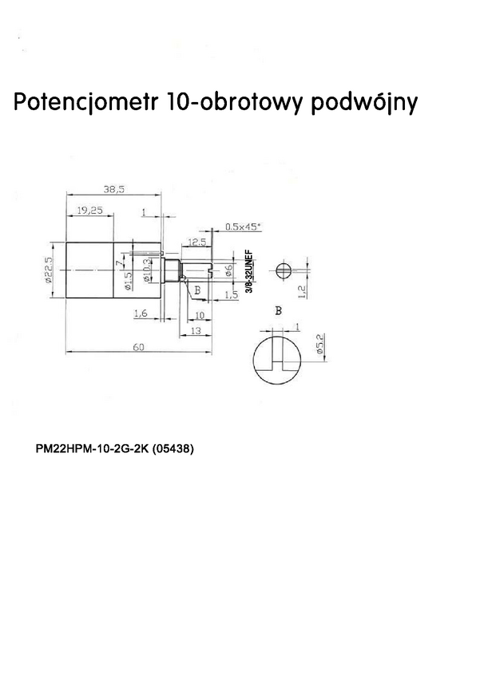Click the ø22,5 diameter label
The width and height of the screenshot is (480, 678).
pyautogui.click(x=49, y=270)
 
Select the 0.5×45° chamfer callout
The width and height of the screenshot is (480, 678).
pyautogui.click(x=243, y=227)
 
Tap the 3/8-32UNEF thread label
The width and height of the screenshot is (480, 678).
pyautogui.click(x=248, y=274)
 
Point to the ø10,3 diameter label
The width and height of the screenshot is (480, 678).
pyautogui.click(x=146, y=271)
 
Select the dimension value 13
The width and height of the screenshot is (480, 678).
pyautogui.click(x=195, y=329)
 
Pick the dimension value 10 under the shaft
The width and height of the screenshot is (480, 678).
pyautogui.click(x=200, y=315)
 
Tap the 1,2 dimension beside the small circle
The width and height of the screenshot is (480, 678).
pyautogui.click(x=301, y=292)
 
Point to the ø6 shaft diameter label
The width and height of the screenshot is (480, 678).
pyautogui.click(x=228, y=270)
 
